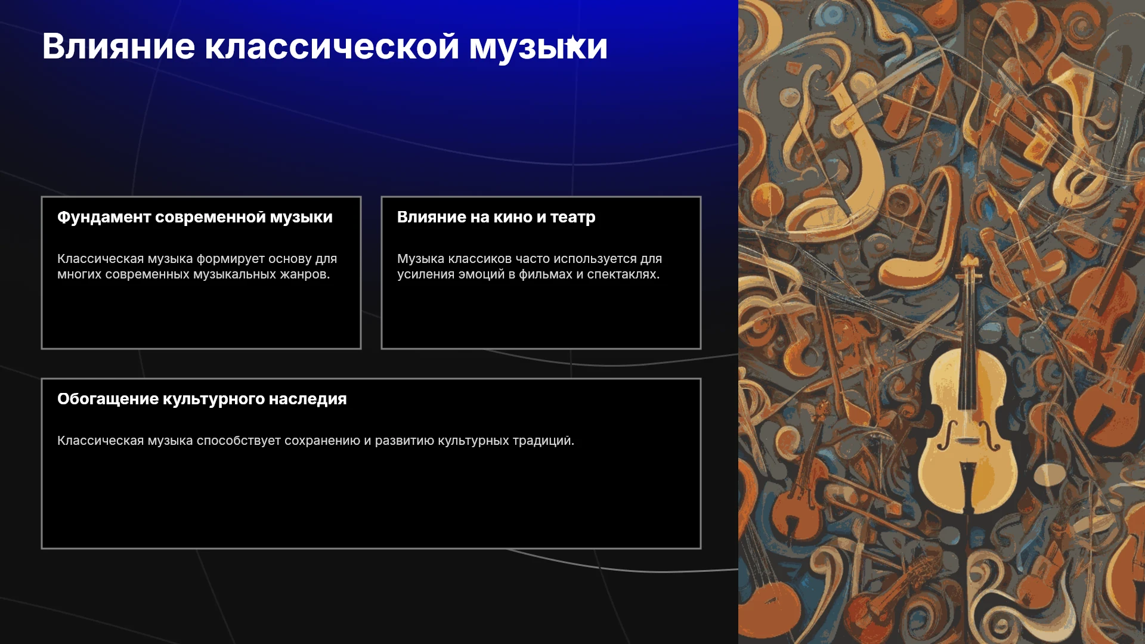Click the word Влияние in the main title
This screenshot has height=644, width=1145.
(119, 46)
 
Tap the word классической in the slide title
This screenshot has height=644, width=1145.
(332, 47)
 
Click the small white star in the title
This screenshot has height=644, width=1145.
(572, 42)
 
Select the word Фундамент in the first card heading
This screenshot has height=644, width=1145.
(104, 218)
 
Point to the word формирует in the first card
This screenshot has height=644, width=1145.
(230, 259)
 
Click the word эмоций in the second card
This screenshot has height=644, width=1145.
(482, 275)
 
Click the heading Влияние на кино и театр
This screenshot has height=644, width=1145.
(496, 218)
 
